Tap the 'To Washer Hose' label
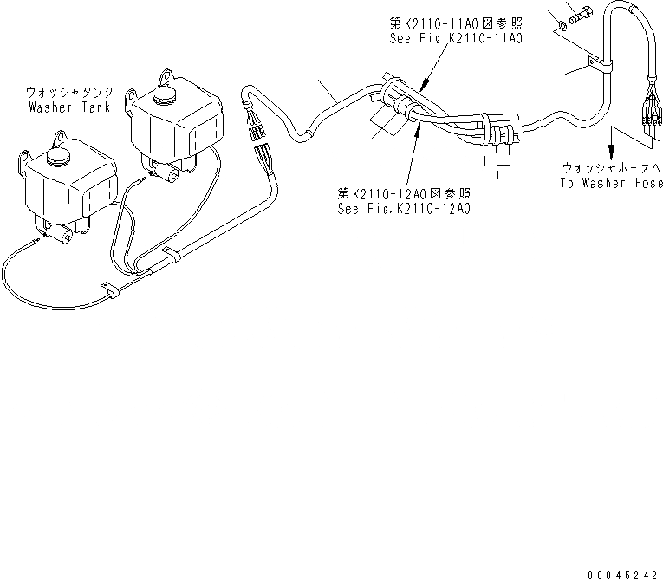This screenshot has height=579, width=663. pos(611,183)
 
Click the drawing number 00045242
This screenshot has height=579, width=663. pos(621,573)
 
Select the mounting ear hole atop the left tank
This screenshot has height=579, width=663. pos(61,136)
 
